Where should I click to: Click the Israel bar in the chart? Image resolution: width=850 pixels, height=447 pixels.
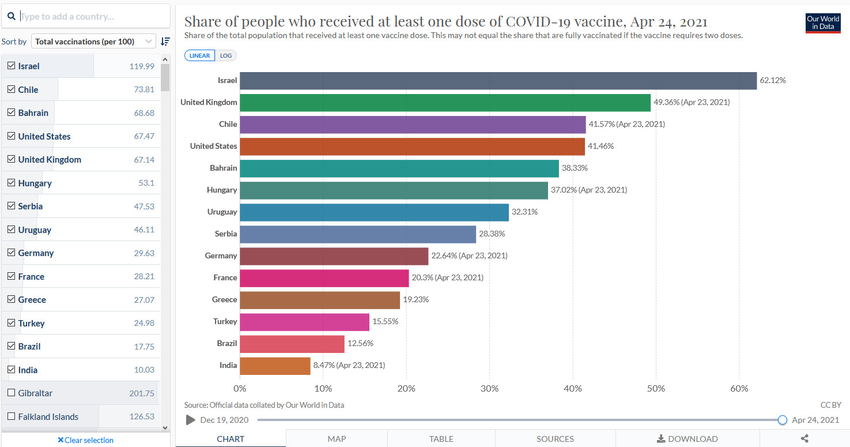pos(498,81)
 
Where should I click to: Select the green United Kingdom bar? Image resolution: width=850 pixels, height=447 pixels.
pos(445,103)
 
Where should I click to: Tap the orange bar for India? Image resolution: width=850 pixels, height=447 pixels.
pos(275,366)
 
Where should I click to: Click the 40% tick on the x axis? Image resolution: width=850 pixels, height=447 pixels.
pos(573,389)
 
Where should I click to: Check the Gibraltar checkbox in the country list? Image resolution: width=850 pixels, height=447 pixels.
pos(11,393)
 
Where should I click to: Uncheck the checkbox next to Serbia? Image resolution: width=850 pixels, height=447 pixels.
pos(11,206)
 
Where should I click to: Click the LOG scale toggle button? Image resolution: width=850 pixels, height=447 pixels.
pos(225,56)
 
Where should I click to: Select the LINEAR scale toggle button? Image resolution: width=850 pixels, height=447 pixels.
pos(200,56)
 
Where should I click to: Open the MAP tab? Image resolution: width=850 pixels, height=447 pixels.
pos(337,439)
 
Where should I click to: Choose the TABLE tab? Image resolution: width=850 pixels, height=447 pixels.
pos(441,439)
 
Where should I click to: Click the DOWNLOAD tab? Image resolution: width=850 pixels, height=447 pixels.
pos(687,439)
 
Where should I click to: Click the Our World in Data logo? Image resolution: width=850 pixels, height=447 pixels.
pos(822,23)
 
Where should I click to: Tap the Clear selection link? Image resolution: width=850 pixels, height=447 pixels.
pos(85,440)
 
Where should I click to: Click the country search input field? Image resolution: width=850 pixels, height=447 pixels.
pos(92,16)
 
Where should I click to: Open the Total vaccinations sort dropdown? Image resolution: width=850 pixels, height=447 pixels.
pos(93,42)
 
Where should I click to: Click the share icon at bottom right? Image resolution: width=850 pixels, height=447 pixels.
pos(804,439)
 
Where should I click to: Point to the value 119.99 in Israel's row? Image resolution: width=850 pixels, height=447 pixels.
pos(142,66)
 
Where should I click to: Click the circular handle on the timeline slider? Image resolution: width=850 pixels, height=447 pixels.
pos(782,420)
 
